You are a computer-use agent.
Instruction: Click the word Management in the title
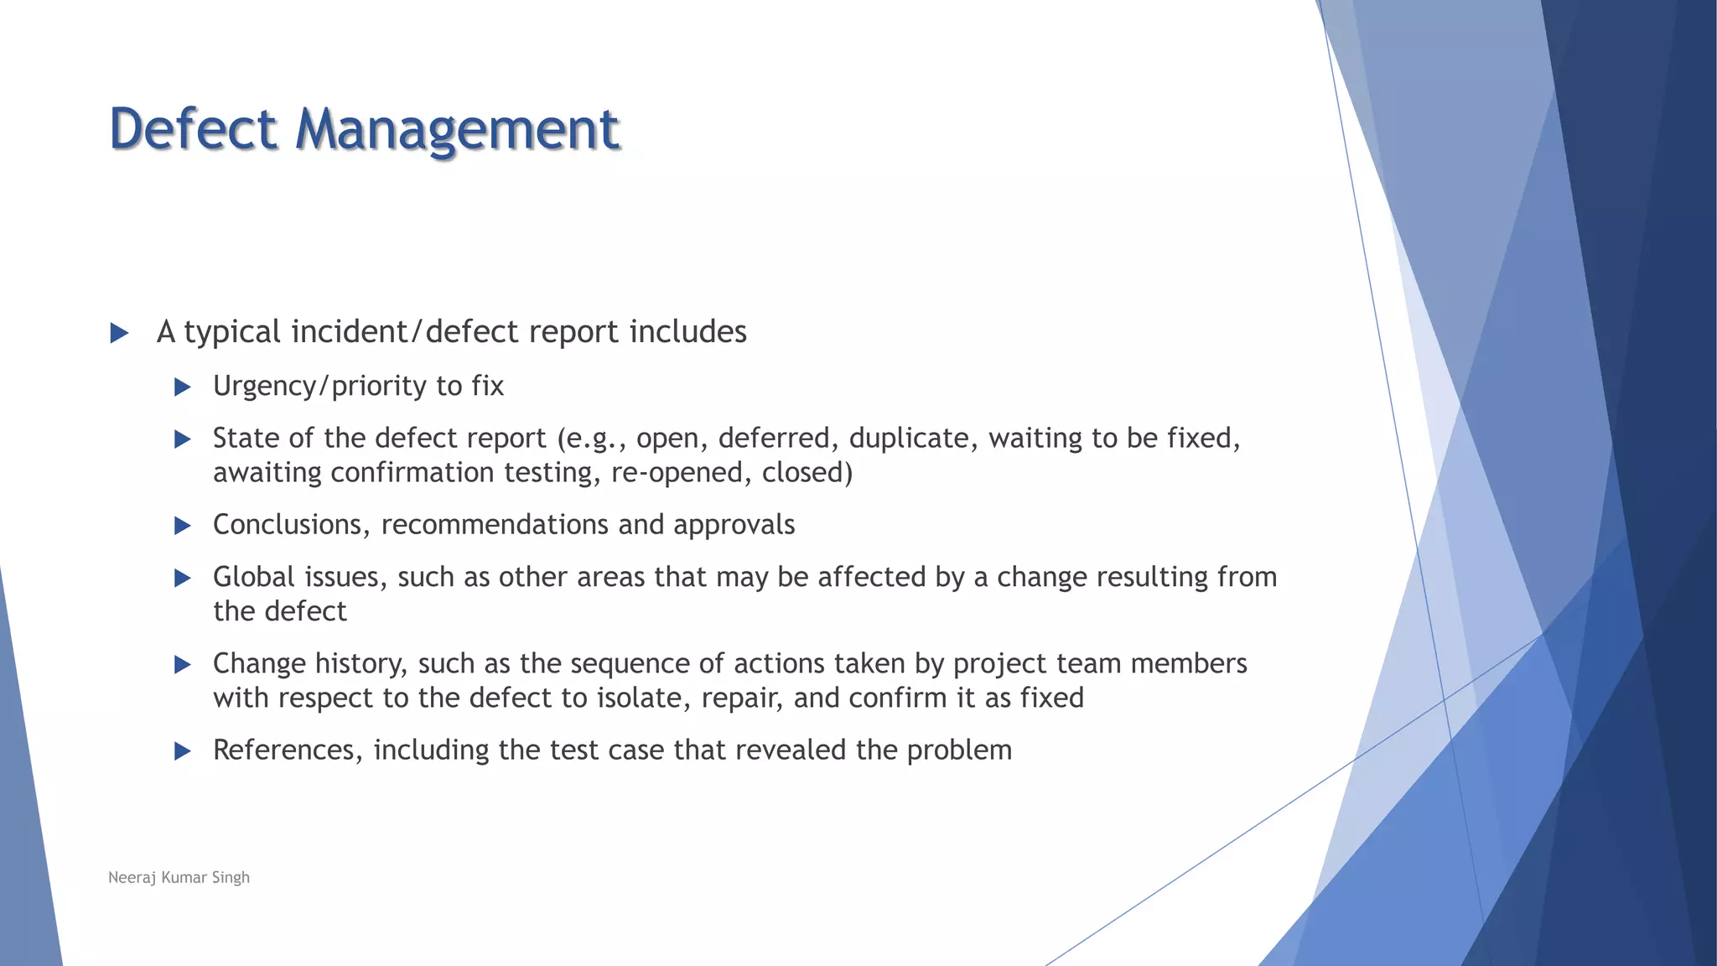coord(457,131)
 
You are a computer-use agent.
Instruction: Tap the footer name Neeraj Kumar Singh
coord(179,877)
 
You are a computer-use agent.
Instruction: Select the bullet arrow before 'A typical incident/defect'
coord(119,333)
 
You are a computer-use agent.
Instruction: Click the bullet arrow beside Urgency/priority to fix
coord(183,387)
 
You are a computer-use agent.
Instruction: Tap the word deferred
coord(774,439)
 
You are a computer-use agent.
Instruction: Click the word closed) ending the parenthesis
coord(807,473)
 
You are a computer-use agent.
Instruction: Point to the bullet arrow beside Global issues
coord(183,578)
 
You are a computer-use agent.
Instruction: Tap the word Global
coord(254,577)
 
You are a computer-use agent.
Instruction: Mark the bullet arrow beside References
coord(183,750)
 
